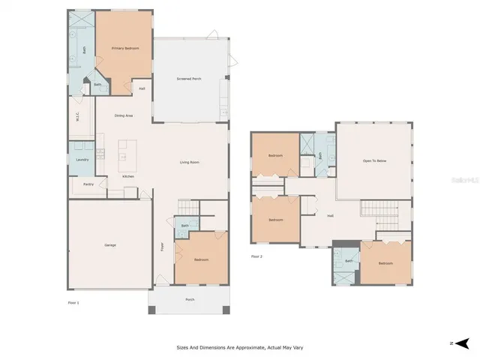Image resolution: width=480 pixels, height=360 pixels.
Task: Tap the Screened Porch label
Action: click(x=189, y=79)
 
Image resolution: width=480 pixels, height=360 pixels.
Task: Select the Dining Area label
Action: click(x=124, y=115)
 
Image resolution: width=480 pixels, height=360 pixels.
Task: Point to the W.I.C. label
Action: click(x=78, y=116)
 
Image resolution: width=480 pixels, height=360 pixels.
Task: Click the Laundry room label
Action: click(x=82, y=159)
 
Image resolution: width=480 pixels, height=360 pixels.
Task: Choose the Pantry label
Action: click(x=88, y=184)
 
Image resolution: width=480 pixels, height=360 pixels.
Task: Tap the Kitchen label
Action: click(x=129, y=177)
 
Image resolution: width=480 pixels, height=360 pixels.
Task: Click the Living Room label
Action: click(x=189, y=162)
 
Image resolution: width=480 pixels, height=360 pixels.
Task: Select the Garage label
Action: click(x=110, y=245)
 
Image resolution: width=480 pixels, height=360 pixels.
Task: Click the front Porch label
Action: click(x=190, y=299)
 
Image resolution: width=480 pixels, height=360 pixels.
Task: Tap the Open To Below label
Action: click(x=374, y=160)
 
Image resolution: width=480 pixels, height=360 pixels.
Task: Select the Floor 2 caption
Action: click(x=256, y=256)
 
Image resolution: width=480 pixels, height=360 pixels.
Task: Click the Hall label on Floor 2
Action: click(x=330, y=216)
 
